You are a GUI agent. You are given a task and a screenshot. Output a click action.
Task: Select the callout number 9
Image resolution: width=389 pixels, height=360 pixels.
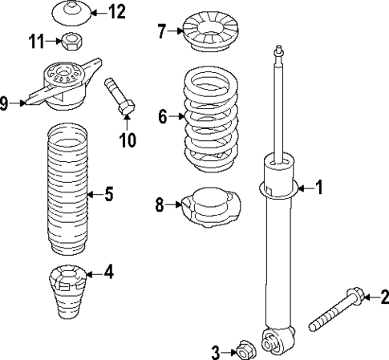tap(5, 103)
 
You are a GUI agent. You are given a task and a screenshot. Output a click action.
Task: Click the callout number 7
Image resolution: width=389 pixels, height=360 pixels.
tap(161, 32)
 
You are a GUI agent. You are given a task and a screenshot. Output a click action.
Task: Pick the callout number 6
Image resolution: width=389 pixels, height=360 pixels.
tap(163, 117)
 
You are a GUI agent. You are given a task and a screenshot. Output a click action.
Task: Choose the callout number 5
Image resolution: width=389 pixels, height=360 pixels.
tap(109, 193)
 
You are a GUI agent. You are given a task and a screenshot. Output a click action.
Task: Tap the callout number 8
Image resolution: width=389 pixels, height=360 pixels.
tap(160, 205)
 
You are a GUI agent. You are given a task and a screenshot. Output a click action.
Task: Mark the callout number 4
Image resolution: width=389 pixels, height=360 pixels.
tap(109, 273)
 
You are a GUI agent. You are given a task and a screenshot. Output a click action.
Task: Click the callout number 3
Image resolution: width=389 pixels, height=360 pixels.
tap(215, 350)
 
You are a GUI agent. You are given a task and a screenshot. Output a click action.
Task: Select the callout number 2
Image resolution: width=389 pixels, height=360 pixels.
tap(383, 297)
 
